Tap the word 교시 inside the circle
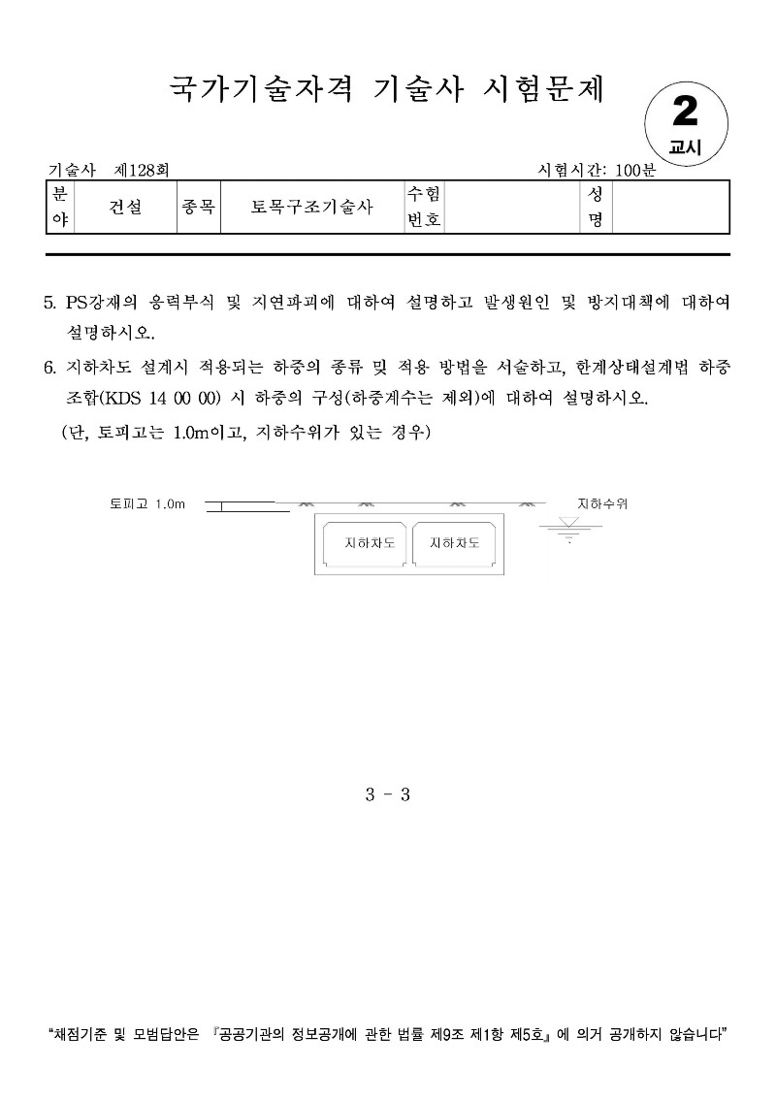pyautogui.click(x=685, y=147)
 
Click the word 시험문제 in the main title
pyautogui.click(x=544, y=89)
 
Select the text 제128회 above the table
pyautogui.click(x=143, y=170)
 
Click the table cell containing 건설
pyautogui.click(x=125, y=207)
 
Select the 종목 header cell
pyautogui.click(x=198, y=207)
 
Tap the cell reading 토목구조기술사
pyautogui.click(x=311, y=207)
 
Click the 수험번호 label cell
pyautogui.click(x=424, y=207)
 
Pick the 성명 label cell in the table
pyautogui.click(x=596, y=207)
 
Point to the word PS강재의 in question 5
pyautogui.click(x=102, y=302)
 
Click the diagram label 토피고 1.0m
pyautogui.click(x=147, y=504)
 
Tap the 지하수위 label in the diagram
pyautogui.click(x=602, y=504)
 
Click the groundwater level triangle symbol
pyautogui.click(x=569, y=523)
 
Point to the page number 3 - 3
pyautogui.click(x=388, y=794)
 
